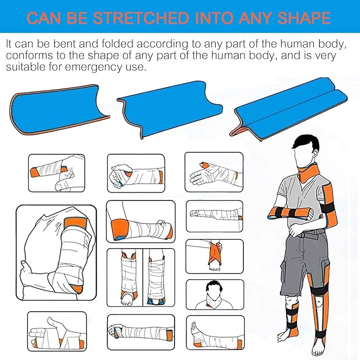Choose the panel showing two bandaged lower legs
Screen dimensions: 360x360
tap(141, 278)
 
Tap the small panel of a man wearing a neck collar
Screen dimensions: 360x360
tap(214, 295)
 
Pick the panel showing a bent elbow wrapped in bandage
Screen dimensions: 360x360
tap(141, 222)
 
